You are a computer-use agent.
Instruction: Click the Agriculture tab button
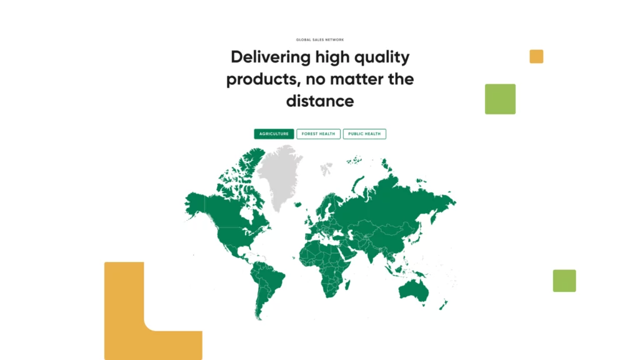click(x=274, y=134)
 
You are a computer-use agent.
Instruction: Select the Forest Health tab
click(x=318, y=134)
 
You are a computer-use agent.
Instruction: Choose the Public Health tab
click(x=364, y=134)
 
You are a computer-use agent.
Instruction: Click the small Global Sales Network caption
click(x=320, y=39)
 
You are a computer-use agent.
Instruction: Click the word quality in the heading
click(x=382, y=57)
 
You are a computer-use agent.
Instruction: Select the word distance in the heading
click(x=320, y=101)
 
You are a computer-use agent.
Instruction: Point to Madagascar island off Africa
click(x=347, y=284)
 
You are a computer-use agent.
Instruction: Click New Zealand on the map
click(x=443, y=304)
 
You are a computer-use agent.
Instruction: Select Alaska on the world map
click(x=196, y=204)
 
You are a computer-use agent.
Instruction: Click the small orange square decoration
click(x=536, y=56)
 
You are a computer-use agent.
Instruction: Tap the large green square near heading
click(x=500, y=99)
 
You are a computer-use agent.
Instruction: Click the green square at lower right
click(x=564, y=281)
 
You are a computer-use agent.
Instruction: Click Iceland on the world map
click(x=298, y=204)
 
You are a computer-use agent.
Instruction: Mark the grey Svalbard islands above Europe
click(x=326, y=169)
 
